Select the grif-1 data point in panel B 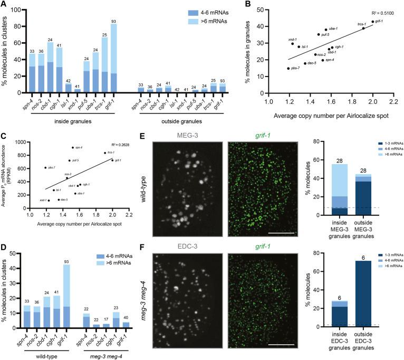(372, 22)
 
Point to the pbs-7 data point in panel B (288, 68)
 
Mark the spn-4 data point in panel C (73, 148)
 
